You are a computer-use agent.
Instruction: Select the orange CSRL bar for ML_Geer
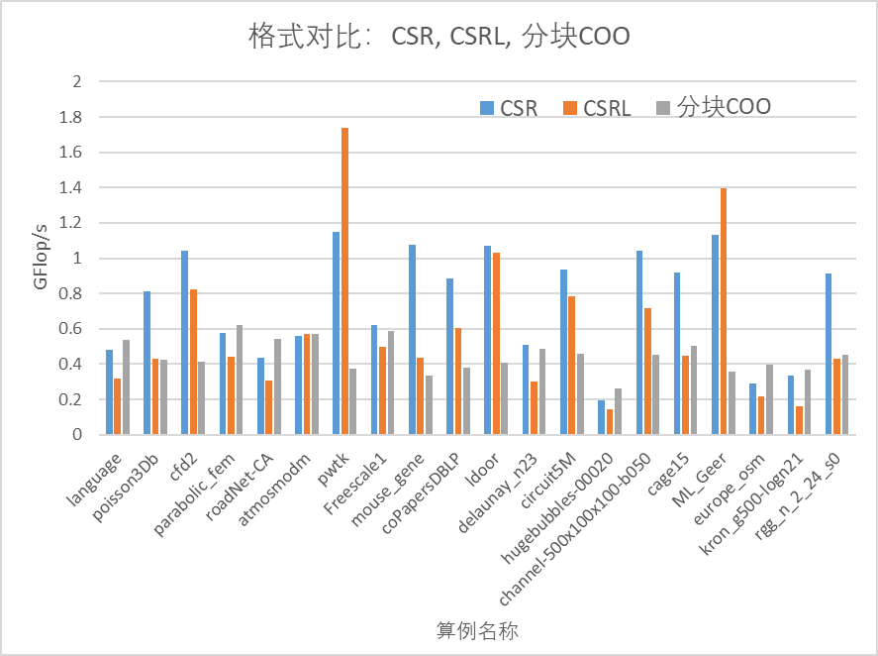[x=724, y=311]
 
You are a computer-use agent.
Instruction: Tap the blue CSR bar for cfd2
[x=184, y=343]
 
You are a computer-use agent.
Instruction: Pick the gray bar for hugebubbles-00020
[x=619, y=411]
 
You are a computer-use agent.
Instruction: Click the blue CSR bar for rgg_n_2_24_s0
[x=829, y=354]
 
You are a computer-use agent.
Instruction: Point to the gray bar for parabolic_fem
[x=240, y=380]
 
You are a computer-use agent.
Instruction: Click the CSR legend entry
[x=509, y=108]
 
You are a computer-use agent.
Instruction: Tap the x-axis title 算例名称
[x=478, y=630]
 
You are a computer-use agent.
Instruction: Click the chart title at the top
[x=439, y=37]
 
